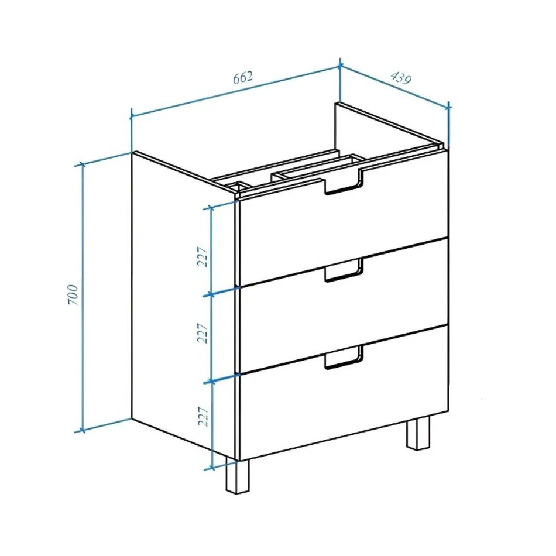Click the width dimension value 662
(243, 77)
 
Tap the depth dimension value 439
(401, 78)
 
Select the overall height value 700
(73, 294)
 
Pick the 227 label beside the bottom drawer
(203, 416)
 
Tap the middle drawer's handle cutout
(344, 270)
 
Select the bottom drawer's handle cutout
(344, 358)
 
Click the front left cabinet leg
(238, 476)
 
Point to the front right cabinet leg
(418, 433)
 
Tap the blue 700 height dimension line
(83, 298)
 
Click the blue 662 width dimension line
(235, 91)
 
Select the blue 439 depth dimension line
(394, 86)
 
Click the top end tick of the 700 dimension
(83, 164)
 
